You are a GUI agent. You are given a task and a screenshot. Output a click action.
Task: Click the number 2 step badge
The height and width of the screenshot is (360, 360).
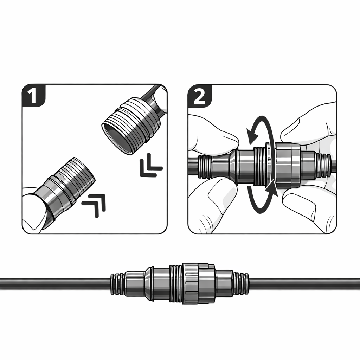pyautogui.click(x=199, y=96)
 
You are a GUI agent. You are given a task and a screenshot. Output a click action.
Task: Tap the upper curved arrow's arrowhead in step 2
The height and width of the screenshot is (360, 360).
pyautogui.click(x=252, y=135)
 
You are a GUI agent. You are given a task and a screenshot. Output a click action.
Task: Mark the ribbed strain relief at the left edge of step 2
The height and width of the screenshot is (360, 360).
pyautogui.click(x=205, y=166)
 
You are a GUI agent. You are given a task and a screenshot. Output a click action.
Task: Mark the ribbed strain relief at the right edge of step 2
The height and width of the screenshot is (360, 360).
pyautogui.click(x=323, y=166)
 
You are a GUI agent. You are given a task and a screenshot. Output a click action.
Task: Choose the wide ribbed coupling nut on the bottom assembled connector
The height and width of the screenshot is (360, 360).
pyautogui.click(x=199, y=284)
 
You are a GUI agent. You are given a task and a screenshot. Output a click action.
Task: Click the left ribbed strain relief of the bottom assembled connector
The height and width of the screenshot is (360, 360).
pyautogui.click(x=118, y=284)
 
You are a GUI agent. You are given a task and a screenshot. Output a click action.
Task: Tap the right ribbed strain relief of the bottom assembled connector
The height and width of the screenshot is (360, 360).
pyautogui.click(x=241, y=284)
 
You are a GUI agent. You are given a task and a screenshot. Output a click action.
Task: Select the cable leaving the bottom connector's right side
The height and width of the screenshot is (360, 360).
pyautogui.click(x=304, y=284)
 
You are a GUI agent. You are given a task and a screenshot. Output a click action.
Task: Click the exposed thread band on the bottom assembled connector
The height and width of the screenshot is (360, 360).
pyautogui.click(x=176, y=284)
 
